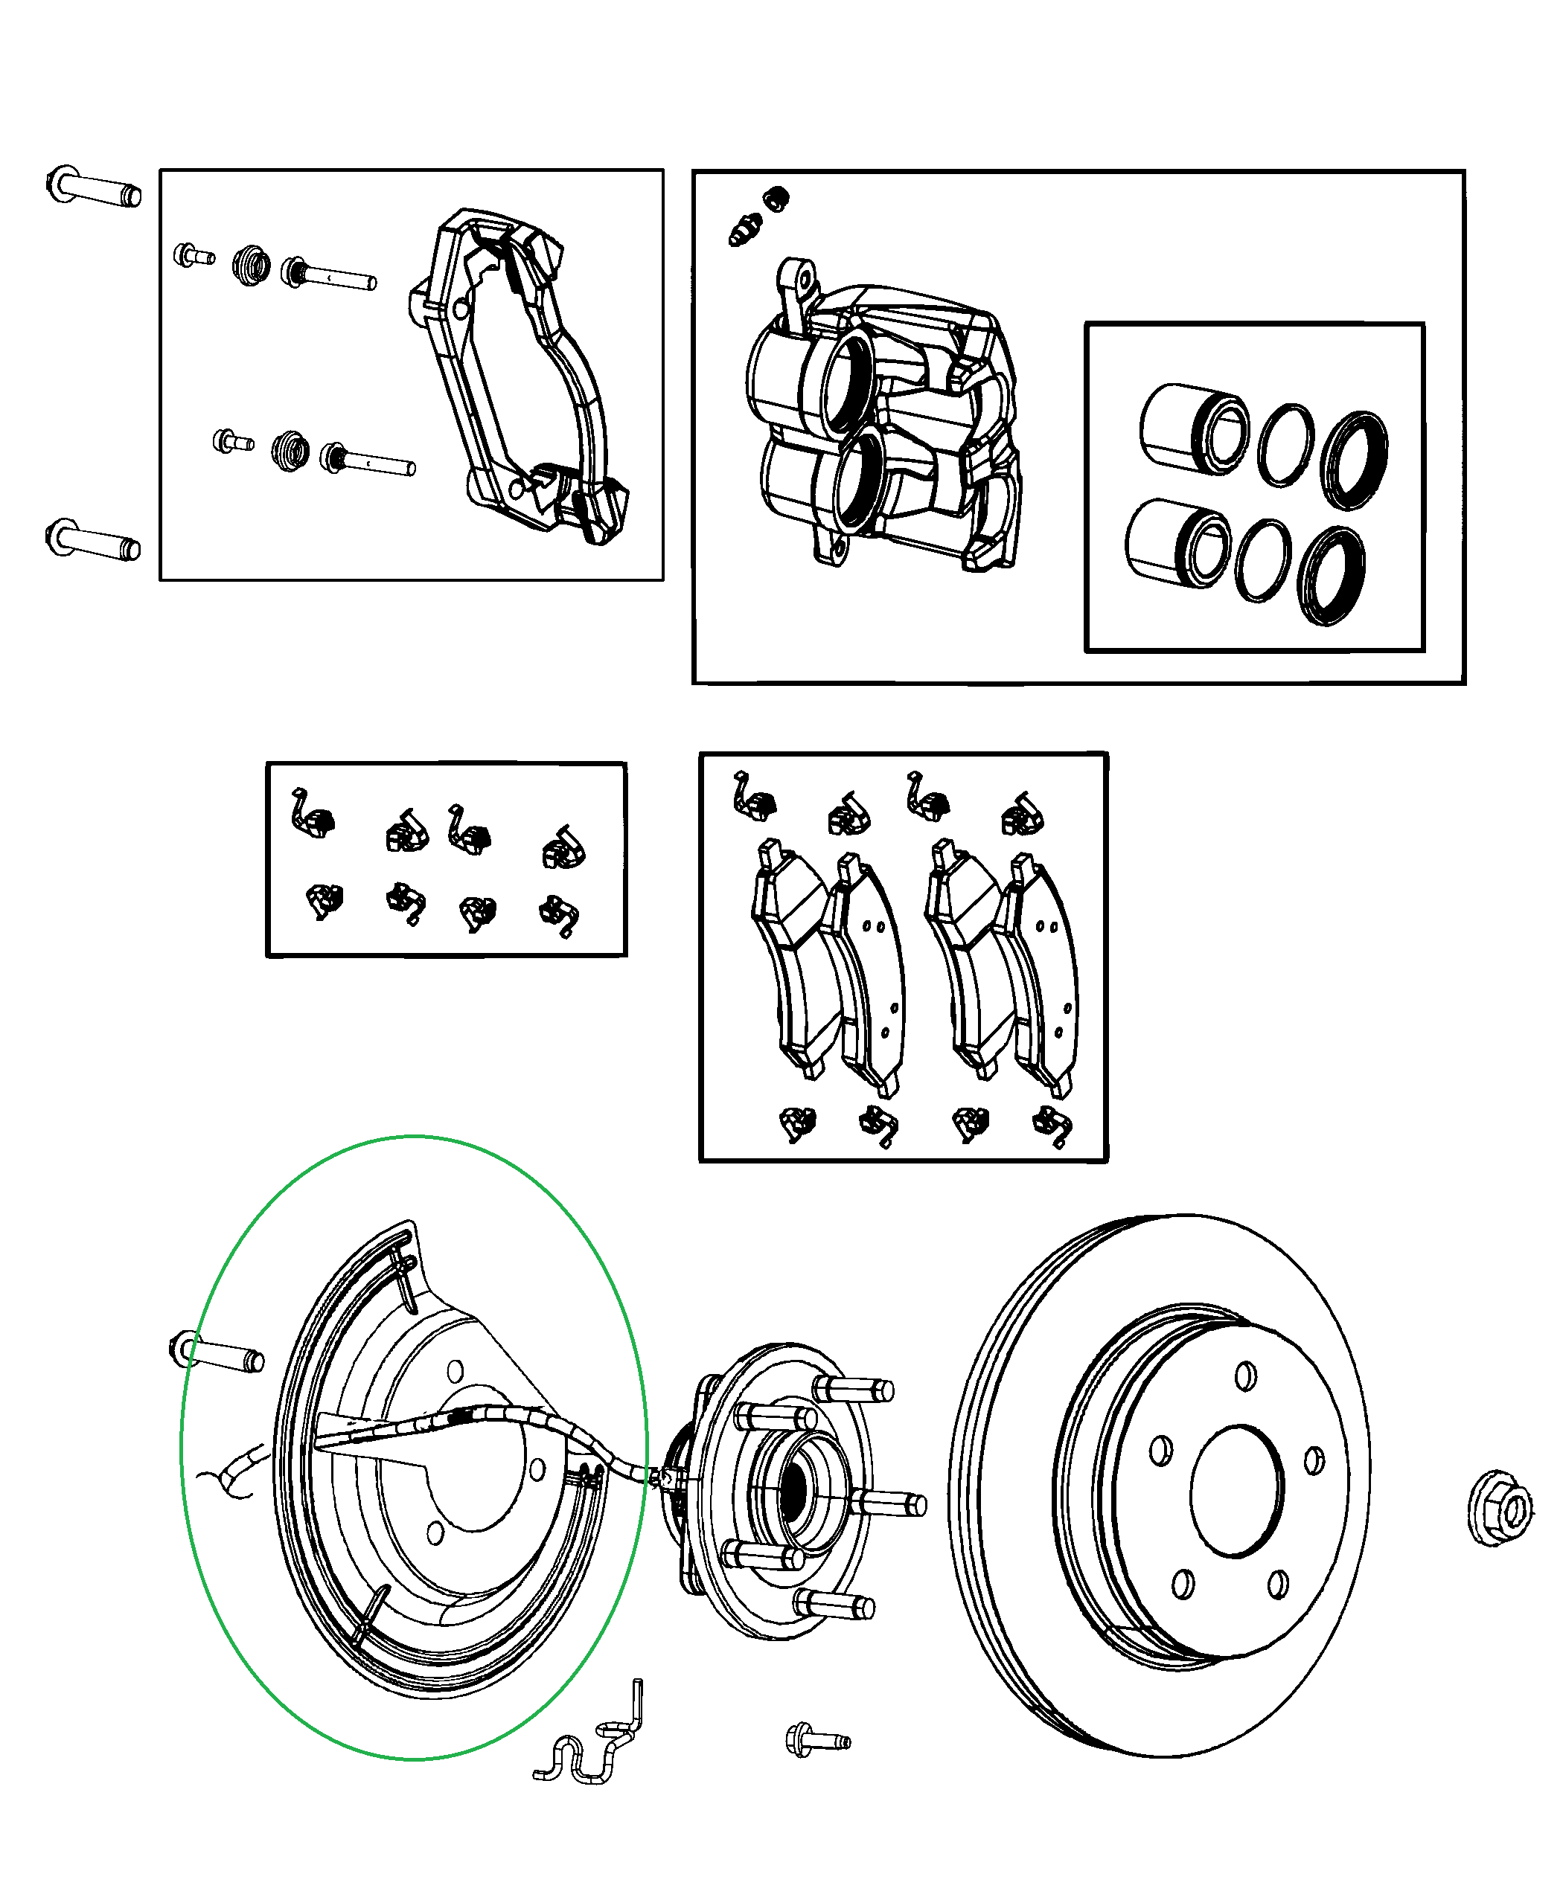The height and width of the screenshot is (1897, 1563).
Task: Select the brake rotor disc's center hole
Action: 1237,1490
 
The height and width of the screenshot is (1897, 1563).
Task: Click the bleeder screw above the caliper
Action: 744,228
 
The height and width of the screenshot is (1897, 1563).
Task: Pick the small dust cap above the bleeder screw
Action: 776,198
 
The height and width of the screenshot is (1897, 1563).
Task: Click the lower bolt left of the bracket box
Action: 93,541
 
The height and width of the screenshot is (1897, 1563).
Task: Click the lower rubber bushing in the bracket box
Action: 290,450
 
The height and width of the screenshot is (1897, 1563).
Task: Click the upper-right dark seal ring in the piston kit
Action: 1353,460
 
